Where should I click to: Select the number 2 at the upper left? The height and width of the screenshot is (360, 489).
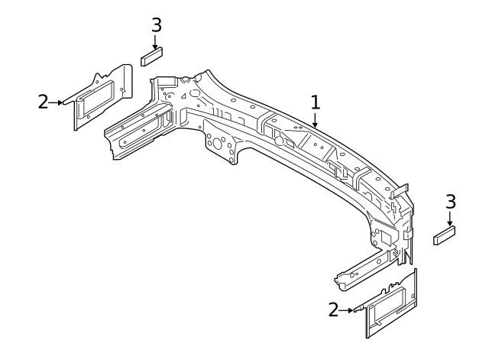click(44, 102)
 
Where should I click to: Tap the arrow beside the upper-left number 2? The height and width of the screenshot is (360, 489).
click(58, 102)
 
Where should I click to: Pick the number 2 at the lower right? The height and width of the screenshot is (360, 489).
click(333, 310)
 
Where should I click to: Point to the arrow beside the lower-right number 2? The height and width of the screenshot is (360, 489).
click(348, 310)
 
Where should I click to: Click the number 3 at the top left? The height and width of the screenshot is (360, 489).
click(156, 24)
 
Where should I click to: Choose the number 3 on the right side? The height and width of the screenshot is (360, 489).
click(450, 202)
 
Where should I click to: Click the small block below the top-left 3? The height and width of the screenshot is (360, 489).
click(153, 56)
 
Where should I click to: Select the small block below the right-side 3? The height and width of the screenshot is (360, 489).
click(445, 235)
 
